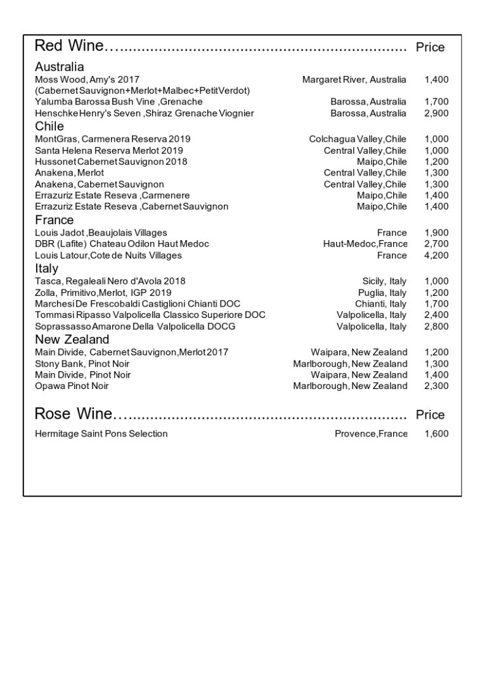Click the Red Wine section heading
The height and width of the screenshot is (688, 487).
[69, 46]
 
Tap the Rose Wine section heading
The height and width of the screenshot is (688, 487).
[73, 414]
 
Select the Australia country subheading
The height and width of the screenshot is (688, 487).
[59, 67]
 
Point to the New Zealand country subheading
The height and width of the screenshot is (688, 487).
[72, 340]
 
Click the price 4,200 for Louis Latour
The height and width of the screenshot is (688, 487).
[436, 255]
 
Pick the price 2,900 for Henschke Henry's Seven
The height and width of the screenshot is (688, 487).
[436, 113]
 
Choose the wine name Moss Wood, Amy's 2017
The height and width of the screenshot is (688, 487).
[87, 80]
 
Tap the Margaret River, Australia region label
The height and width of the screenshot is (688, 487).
[354, 80]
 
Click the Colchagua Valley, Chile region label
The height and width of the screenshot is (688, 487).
[358, 139]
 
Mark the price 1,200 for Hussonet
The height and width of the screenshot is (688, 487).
[436, 162]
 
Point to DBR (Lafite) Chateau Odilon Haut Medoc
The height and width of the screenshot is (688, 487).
[122, 244]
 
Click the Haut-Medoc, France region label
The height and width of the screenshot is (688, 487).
[365, 244]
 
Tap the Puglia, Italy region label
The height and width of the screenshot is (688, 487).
[382, 293]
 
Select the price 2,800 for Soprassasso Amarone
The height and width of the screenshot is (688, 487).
[436, 326]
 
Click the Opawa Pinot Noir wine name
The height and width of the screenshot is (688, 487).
[72, 386]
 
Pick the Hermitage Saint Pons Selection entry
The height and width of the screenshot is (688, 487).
[101, 434]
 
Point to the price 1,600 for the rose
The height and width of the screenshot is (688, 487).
[436, 434]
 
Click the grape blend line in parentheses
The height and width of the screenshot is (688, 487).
[143, 91]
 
